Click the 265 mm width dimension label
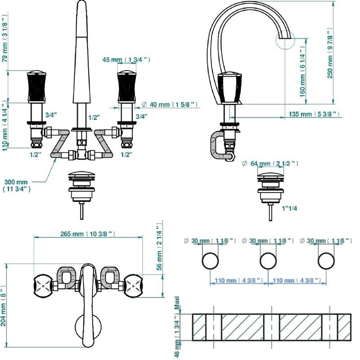coord(88,234)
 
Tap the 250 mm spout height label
coord(330,53)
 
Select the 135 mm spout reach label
coord(314,114)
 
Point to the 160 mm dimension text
coord(302,72)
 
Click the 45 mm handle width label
coord(126,60)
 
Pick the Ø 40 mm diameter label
coord(170,104)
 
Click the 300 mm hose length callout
coord(16,185)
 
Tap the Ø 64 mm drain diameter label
coord(270,163)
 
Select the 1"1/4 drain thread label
coord(289,208)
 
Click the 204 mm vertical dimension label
coord(3,306)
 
